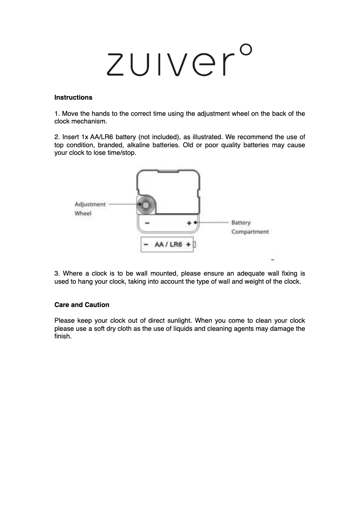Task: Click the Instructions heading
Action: point(73,97)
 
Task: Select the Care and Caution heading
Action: point(82,305)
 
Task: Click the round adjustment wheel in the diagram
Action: point(145,205)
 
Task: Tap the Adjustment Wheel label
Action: point(90,209)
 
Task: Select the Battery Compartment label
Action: point(250,227)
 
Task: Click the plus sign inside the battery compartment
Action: point(189,223)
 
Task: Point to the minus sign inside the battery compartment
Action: point(148,223)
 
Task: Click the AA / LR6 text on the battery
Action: point(168,245)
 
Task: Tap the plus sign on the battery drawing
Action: point(188,245)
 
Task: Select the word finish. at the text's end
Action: point(63,337)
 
